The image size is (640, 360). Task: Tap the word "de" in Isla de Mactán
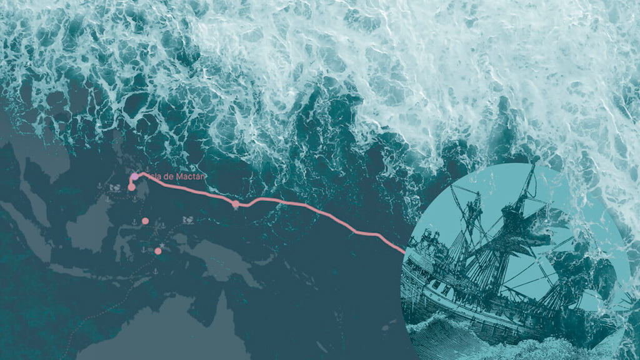[x=165, y=177]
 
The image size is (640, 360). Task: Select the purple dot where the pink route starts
[x=134, y=177]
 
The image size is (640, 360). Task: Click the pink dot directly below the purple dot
[x=131, y=187]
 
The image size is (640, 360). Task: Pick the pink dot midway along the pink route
[x=236, y=204]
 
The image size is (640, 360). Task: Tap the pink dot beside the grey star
[x=158, y=251]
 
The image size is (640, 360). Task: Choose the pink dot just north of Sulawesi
[x=145, y=221]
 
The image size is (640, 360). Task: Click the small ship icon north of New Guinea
[x=187, y=220]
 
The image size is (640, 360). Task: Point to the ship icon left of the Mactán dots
[x=114, y=186]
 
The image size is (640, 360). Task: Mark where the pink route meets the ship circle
[x=403, y=252]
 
